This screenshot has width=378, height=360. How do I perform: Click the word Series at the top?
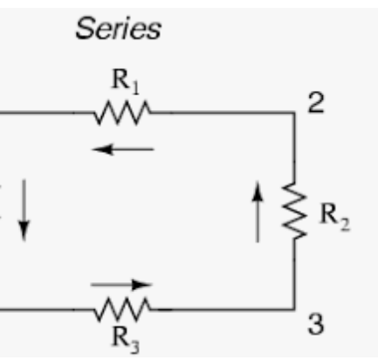[x=118, y=28]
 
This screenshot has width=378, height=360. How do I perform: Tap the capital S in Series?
[x=84, y=28]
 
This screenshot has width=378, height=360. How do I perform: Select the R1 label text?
[x=126, y=82]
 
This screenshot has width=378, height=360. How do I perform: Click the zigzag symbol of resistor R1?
[x=122, y=113]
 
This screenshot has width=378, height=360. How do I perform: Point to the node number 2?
[x=316, y=103]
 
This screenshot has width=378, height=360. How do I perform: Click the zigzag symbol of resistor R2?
[x=294, y=211]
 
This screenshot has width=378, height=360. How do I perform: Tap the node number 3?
[x=316, y=324]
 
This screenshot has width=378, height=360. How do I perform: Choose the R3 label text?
[x=126, y=340]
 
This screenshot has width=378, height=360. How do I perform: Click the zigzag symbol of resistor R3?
[x=122, y=309]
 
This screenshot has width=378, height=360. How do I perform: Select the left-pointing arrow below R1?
[x=123, y=149]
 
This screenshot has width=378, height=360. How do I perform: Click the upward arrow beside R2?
[x=258, y=211]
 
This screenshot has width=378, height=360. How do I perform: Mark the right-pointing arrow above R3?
[x=121, y=285]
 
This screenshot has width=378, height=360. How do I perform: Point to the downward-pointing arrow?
[x=24, y=211]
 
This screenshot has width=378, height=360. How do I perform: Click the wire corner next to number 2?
[x=294, y=113]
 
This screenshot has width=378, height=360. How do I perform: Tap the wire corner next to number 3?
[x=294, y=309]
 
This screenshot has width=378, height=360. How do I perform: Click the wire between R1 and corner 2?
[x=223, y=113]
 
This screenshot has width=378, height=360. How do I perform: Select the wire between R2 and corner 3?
[x=294, y=273]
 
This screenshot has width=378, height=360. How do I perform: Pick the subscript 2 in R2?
[x=345, y=225]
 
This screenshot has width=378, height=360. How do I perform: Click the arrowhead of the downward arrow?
[x=24, y=232]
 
